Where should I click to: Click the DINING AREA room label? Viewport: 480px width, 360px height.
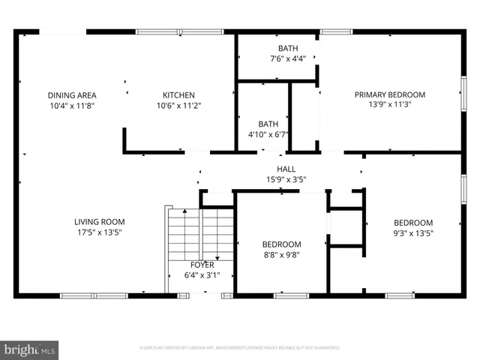72,95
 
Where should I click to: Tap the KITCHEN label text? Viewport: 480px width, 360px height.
178,95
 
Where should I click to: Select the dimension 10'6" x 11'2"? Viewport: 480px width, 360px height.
178,106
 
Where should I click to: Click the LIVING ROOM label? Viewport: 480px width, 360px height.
99,222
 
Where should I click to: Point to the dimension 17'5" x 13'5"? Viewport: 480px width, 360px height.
99,232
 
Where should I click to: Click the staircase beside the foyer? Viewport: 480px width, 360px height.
200,232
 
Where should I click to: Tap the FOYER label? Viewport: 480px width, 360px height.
202,265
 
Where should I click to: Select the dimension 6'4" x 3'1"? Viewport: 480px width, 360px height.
202,275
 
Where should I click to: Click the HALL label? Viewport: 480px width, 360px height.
286,169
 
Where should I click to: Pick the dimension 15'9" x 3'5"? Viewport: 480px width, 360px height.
286,179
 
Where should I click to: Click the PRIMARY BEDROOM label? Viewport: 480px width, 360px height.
389,94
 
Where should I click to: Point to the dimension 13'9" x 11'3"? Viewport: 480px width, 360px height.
389,105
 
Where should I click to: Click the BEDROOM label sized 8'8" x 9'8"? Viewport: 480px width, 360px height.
281,244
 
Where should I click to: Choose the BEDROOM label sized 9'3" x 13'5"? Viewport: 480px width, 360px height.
413,223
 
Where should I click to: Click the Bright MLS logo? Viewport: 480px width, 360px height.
30,349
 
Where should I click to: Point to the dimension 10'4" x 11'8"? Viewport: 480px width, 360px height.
72,106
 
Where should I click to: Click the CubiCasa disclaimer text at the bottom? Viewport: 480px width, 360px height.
240,348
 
